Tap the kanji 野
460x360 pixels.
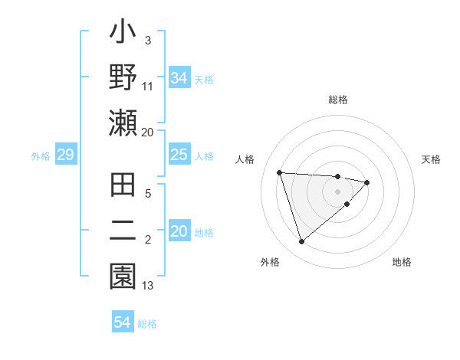pos(123,79)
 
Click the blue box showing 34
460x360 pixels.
pos(179,78)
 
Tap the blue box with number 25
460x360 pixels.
pos(179,155)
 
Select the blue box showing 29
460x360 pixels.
pos(65,155)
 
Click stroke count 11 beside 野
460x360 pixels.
pos(148,85)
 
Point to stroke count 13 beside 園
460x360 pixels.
pos(148,285)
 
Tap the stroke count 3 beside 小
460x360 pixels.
pos(147,39)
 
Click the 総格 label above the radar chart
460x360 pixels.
pos(338,100)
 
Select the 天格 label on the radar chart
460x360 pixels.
pos(431,159)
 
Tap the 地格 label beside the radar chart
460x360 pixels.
pos(402,262)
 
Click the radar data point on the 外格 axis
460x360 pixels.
pos(301,242)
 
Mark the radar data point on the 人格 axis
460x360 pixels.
pos(280,172)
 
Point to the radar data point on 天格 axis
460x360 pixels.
pos(367,182)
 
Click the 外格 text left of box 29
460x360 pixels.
pos(41,156)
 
